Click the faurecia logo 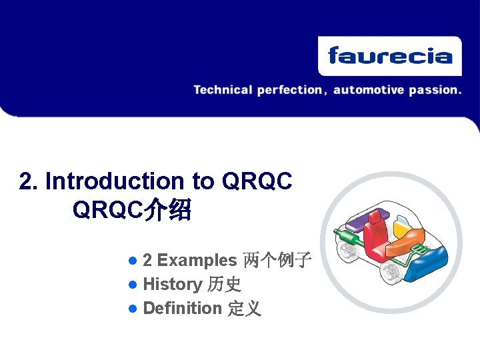tap(389, 56)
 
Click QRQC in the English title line tap(256, 181)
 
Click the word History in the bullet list tap(172, 285)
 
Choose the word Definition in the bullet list tap(182, 309)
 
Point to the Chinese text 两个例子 tap(277, 260)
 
